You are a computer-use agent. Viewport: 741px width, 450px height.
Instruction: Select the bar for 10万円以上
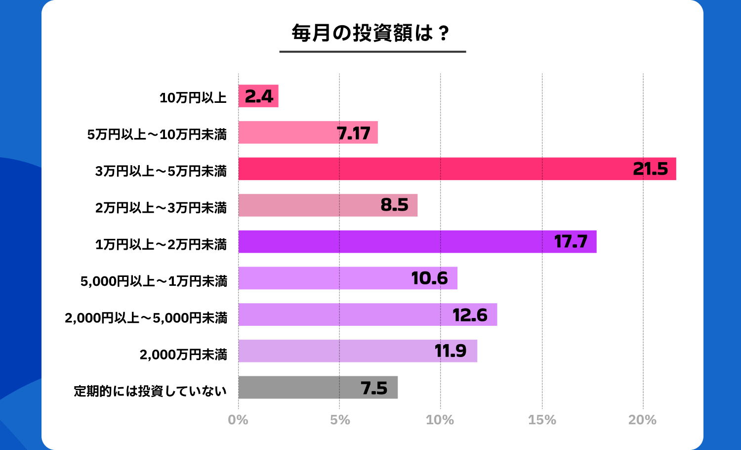pos(258,96)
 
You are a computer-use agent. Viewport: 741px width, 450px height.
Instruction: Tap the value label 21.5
pos(650,169)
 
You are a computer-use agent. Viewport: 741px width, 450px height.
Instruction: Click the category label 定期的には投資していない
pos(150,391)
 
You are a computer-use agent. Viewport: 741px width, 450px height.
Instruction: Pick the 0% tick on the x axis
pos(238,420)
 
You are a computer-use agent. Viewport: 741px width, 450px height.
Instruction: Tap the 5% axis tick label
pos(340,420)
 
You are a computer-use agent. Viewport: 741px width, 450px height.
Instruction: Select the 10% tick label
pos(440,420)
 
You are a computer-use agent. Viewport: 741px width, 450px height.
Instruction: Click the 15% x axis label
pos(542,420)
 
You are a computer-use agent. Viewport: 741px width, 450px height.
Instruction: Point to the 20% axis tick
pos(642,420)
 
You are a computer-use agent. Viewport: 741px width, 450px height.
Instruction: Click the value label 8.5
pos(394,205)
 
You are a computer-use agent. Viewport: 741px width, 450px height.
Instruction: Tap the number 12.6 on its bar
pos(470,315)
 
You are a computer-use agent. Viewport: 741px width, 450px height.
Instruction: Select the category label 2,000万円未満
pos(183,355)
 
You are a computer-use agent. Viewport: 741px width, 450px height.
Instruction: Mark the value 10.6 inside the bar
pos(429,278)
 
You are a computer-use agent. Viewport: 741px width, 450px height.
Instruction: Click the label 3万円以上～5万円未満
pos(161,171)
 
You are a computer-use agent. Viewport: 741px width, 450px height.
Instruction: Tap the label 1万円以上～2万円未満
pos(161,244)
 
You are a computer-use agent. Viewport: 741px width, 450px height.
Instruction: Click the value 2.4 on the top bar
pos(259,96)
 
